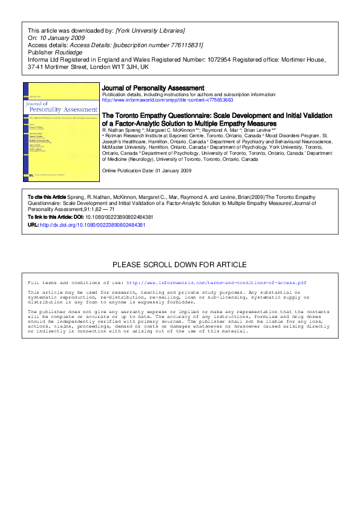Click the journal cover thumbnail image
pos(61,132)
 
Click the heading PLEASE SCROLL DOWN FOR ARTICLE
pos(180,265)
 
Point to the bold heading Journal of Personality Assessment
pos(153,88)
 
